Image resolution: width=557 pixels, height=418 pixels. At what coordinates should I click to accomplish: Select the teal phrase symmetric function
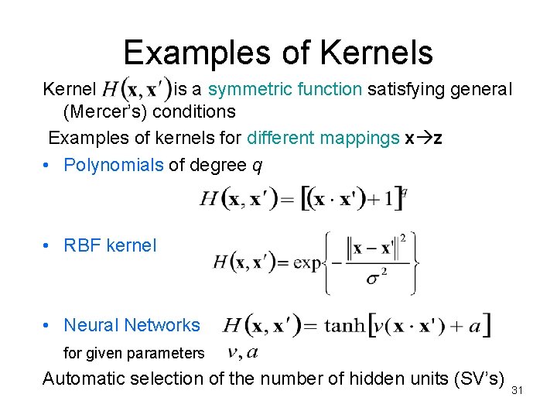click(285, 90)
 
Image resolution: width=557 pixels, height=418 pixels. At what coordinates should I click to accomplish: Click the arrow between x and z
click(424, 139)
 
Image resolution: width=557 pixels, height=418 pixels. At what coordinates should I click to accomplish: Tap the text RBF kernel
click(110, 246)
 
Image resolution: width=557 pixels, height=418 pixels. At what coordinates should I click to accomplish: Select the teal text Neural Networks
click(132, 325)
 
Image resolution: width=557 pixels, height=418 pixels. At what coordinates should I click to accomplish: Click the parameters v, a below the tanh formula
click(244, 354)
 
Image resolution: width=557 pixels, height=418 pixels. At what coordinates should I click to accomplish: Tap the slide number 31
click(518, 390)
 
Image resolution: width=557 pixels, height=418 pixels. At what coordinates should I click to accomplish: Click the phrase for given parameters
click(134, 354)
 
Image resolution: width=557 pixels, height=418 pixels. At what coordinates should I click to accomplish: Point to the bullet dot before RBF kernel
click(48, 246)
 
